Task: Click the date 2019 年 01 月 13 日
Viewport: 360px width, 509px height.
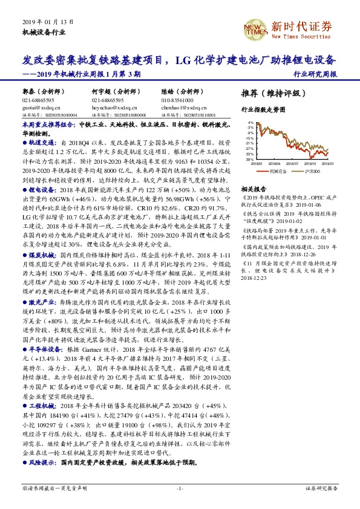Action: pos(48,21)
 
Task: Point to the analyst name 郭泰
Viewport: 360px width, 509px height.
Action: pos(28,92)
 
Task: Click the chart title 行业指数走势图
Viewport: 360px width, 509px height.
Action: pos(263,110)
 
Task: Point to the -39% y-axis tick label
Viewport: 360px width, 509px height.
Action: pos(249,159)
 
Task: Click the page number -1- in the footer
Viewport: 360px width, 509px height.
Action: pos(179,488)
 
